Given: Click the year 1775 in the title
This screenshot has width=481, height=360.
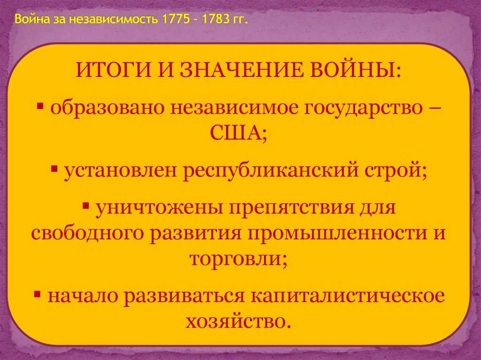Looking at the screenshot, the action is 176,19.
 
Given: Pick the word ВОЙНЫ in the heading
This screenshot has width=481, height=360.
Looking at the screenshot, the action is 354,70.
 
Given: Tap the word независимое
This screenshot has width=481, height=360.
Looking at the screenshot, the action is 234,108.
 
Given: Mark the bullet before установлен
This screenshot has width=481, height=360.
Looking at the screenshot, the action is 54,169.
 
